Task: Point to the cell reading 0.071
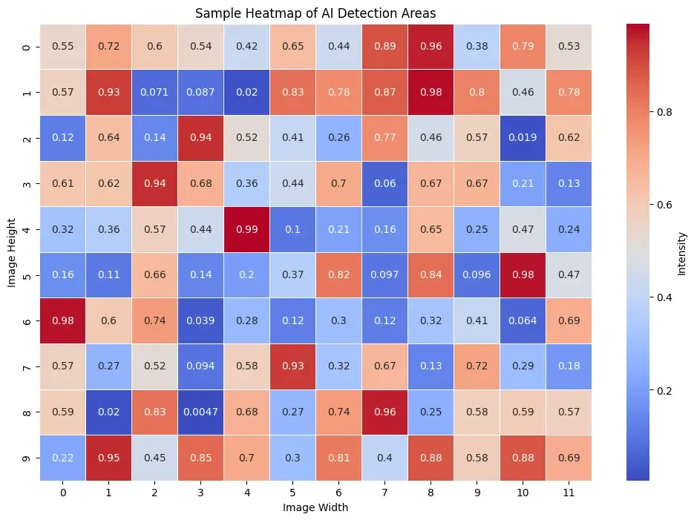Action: (154, 92)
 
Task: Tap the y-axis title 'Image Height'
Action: (13, 252)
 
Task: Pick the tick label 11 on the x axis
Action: (569, 492)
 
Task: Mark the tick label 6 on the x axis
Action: (338, 492)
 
